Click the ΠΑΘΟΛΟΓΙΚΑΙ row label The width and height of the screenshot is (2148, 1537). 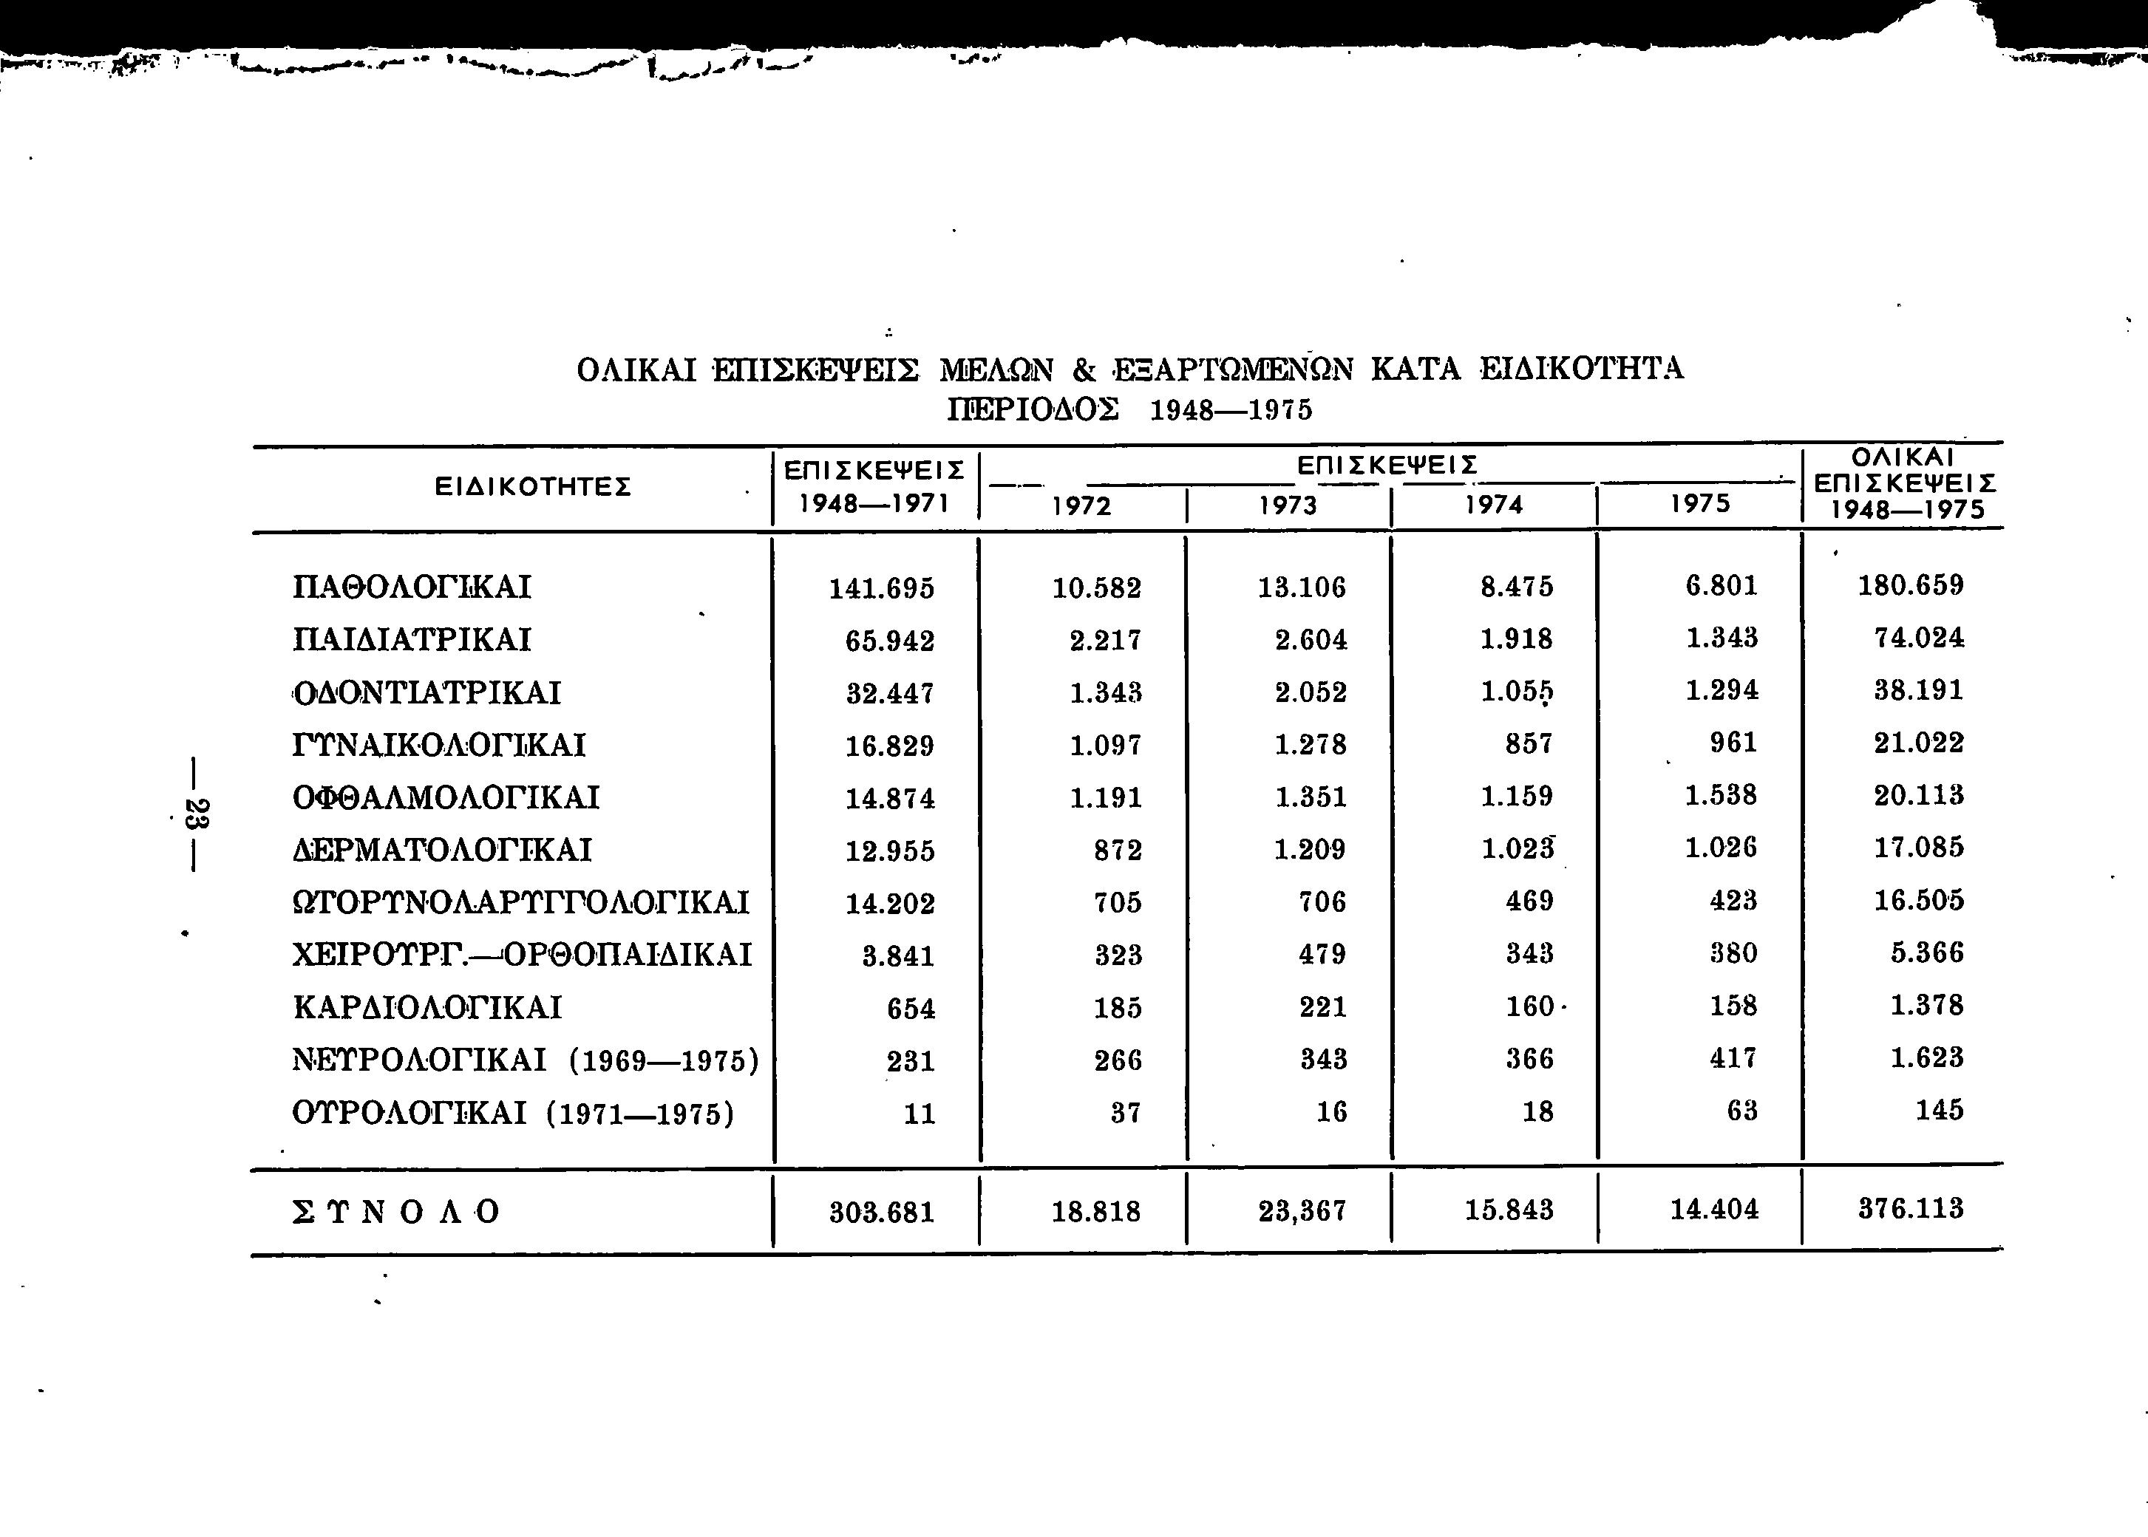click(x=412, y=587)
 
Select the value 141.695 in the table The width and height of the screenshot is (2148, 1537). click(x=881, y=589)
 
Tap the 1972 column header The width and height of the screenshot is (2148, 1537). click(x=1081, y=506)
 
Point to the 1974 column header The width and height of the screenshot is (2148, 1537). click(x=1494, y=505)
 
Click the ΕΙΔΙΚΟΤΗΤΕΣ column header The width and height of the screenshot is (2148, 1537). click(x=532, y=488)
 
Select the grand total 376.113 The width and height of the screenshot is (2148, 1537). click(x=1911, y=1209)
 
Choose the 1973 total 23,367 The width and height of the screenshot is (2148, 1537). click(x=1302, y=1211)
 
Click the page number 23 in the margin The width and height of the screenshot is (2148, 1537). click(x=197, y=813)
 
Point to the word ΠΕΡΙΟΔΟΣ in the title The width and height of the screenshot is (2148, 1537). click(x=1034, y=411)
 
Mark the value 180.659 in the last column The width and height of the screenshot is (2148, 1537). click(x=1911, y=586)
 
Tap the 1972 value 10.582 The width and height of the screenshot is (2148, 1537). click(x=1097, y=589)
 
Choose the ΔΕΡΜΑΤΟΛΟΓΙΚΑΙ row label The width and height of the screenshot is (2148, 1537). click(x=442, y=850)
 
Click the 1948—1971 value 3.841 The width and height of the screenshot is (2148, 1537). click(x=898, y=956)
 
